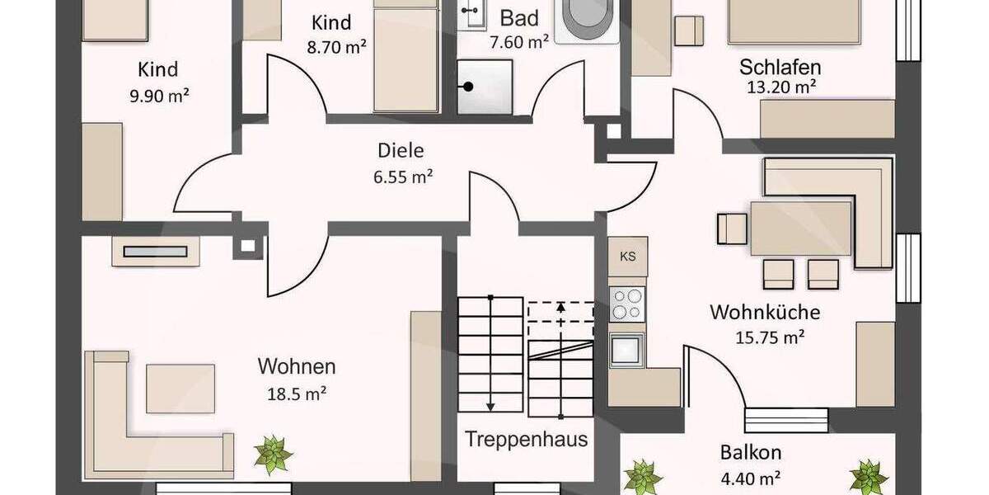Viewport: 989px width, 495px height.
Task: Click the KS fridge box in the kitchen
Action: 628,257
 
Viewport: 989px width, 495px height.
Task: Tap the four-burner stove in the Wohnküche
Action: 628,302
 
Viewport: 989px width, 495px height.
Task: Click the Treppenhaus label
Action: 527,438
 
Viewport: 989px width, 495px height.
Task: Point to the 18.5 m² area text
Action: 296,394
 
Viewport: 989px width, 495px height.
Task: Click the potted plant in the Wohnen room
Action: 273,454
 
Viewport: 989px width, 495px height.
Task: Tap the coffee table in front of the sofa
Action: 180,388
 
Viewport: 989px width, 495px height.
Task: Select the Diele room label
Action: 401,150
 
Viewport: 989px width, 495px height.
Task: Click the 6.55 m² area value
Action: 403,176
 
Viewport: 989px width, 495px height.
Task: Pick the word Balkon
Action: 750,452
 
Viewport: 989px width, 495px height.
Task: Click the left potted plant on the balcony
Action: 643,477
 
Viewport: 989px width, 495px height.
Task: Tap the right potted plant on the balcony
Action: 868,477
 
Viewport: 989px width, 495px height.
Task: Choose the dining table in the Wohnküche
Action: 800,228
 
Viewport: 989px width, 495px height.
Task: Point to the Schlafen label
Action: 780,67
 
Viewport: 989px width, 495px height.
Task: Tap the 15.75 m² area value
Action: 770,337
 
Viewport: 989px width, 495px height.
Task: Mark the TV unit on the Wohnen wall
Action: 156,251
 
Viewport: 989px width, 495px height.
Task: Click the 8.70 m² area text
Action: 336,47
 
